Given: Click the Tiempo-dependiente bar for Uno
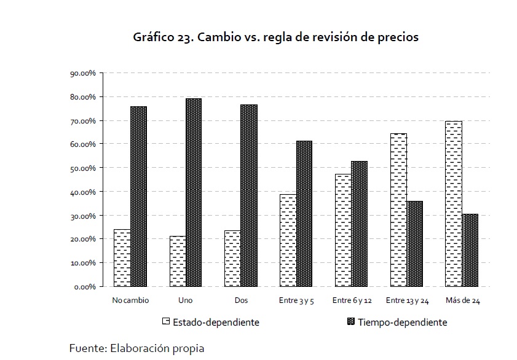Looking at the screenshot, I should coord(194,192).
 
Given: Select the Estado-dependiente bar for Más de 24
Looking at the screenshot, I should coord(453,203).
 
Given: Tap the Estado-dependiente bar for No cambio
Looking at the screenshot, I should coord(122,258).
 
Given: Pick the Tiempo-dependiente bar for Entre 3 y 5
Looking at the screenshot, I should coord(304,214).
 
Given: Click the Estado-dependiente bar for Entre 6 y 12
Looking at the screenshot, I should coord(343,230).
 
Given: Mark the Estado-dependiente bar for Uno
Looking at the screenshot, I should coord(178,261).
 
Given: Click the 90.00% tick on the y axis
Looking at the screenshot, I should coord(84,73).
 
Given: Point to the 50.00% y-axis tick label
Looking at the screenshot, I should coord(84,168).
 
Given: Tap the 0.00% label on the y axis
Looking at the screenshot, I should coord(85,286).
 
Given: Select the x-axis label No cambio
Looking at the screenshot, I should coord(130,300).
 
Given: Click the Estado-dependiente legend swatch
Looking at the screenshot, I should coord(165,321).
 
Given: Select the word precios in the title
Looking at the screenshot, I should coord(398,37).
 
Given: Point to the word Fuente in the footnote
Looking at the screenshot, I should coord(87,348).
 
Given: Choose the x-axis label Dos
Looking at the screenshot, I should coord(241,300).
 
